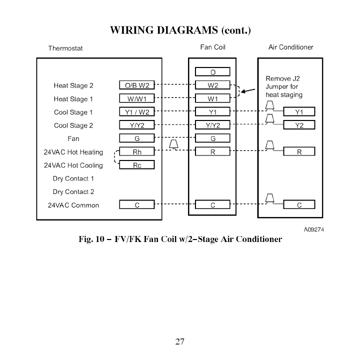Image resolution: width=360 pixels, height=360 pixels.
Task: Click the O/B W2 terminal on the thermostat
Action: pyautogui.click(x=137, y=85)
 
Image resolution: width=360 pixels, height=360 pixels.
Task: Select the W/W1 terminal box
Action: pyautogui.click(x=137, y=98)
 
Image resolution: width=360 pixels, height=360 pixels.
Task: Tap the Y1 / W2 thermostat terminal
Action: pyautogui.click(x=137, y=112)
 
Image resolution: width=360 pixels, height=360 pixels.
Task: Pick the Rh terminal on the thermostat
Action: pyautogui.click(x=137, y=152)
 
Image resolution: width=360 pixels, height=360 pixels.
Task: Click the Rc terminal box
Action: pyautogui.click(x=137, y=165)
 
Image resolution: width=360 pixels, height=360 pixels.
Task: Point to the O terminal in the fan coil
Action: pyautogui.click(x=212, y=72)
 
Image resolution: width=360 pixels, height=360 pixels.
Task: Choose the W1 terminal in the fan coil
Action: pyautogui.click(x=212, y=98)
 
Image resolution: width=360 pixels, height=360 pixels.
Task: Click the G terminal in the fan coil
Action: pyautogui.click(x=212, y=138)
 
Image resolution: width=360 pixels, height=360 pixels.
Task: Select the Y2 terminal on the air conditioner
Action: pyautogui.click(x=299, y=125)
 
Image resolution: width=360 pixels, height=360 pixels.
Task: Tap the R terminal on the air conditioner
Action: pyautogui.click(x=299, y=152)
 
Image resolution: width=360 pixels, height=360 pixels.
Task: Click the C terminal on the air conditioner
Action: pyautogui.click(x=299, y=205)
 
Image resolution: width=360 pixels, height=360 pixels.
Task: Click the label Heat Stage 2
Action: pyautogui.click(x=73, y=85)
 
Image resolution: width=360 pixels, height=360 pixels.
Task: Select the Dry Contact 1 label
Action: pyautogui.click(x=73, y=178)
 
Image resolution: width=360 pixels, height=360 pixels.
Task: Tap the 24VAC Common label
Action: pyautogui.click(x=73, y=205)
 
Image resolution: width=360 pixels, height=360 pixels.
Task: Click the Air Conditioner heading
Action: pyautogui.click(x=290, y=47)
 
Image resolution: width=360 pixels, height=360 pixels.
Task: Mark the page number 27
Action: pyautogui.click(x=180, y=342)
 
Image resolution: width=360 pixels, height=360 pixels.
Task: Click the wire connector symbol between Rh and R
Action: pyautogui.click(x=174, y=145)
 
